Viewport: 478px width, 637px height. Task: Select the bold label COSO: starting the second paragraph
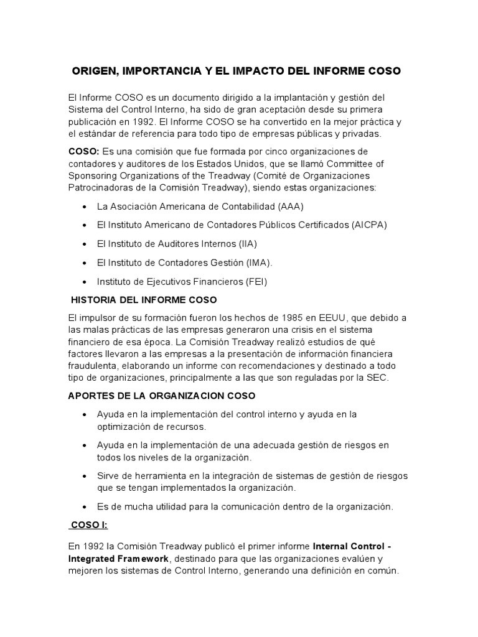click(x=84, y=152)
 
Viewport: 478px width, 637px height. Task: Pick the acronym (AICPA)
click(x=368, y=225)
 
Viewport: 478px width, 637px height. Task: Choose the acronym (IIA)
click(x=245, y=244)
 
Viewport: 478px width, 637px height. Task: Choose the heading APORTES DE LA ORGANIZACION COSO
click(x=162, y=396)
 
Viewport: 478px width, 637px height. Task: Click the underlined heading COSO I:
click(x=89, y=525)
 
